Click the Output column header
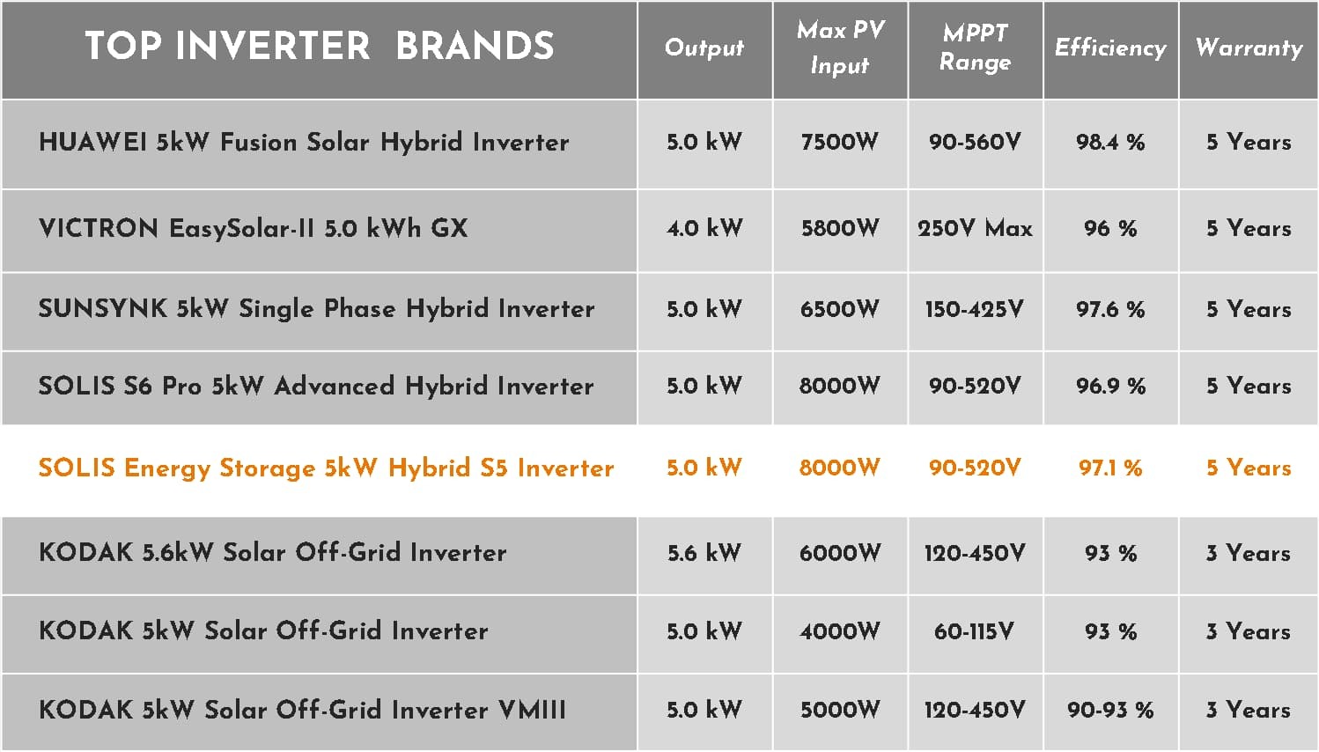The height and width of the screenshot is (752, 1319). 704,48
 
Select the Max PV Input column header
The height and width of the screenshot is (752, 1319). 840,48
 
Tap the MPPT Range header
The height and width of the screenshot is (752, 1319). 975,48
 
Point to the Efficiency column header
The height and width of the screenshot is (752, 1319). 1110,48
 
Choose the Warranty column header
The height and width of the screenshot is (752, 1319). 1249,48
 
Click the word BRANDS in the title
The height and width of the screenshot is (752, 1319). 475,45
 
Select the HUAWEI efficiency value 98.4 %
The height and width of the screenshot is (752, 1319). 1110,142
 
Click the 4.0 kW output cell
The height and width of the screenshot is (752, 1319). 704,228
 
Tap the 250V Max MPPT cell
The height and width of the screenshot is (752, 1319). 975,228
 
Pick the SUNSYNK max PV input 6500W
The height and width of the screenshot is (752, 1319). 840,309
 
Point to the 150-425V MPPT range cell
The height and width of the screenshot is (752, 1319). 975,309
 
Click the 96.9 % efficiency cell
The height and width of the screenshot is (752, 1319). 1110,386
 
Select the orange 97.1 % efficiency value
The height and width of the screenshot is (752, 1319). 1110,468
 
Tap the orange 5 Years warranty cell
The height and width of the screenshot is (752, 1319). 1249,468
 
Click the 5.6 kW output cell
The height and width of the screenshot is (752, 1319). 704,553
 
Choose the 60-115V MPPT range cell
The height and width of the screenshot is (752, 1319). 975,631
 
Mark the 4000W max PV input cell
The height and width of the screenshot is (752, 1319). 840,631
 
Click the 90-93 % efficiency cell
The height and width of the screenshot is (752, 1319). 1110,710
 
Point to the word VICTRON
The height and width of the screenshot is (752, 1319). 99,228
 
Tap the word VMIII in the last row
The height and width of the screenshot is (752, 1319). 532,710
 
